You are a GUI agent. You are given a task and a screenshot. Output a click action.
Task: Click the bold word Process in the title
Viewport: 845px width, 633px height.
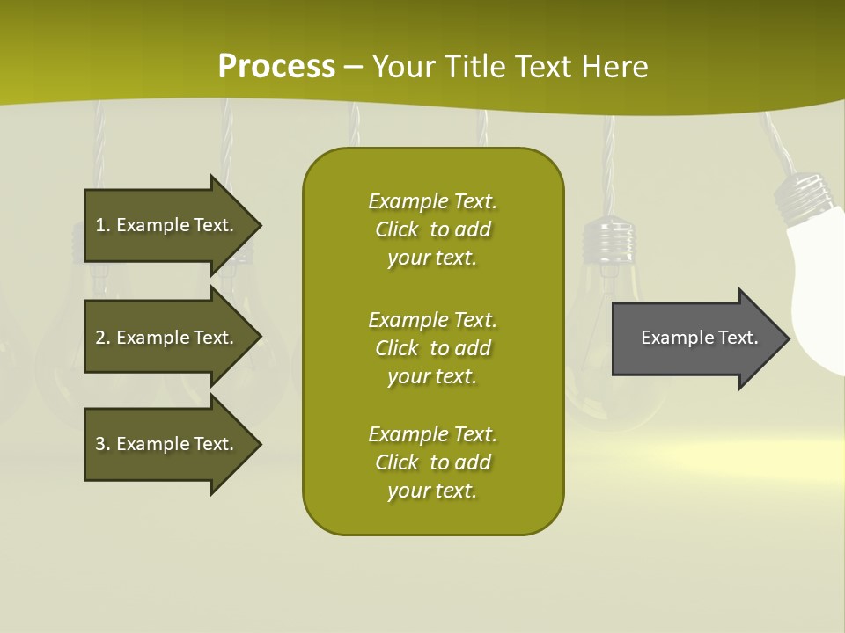coord(276,67)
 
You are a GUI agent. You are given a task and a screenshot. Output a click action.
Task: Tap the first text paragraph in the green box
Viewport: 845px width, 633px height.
coord(432,229)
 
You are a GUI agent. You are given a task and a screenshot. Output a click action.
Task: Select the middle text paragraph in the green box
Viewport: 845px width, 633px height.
coord(432,348)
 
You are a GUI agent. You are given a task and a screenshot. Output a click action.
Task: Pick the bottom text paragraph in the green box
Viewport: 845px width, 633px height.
coord(432,462)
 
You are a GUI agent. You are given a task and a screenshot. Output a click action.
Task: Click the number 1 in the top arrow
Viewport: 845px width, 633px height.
coord(99,225)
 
